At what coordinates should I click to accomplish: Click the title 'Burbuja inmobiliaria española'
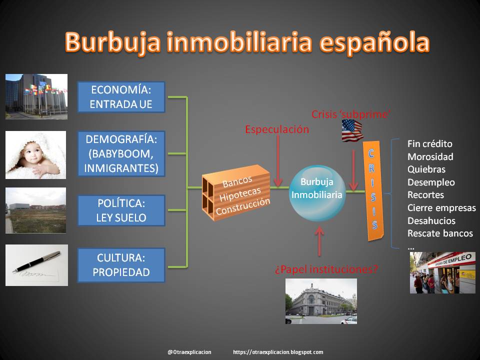(x=246, y=42)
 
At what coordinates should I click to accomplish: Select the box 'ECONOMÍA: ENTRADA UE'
(x=120, y=97)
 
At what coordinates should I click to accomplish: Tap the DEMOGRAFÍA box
(x=120, y=154)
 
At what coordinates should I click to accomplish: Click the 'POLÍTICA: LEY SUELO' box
(x=120, y=210)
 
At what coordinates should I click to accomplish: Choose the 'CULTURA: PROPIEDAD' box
(x=120, y=265)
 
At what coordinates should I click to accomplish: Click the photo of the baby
(x=35, y=155)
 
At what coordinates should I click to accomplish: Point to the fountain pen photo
(x=36, y=265)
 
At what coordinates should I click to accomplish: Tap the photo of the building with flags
(x=36, y=96)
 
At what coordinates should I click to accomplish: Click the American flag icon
(x=352, y=130)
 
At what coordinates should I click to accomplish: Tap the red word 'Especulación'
(x=277, y=129)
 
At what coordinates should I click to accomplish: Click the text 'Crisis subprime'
(x=350, y=114)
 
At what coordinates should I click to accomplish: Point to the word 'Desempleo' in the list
(x=431, y=182)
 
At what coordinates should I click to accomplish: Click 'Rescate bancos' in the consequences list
(x=440, y=233)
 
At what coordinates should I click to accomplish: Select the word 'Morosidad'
(x=430, y=156)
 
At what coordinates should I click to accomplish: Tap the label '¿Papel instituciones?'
(x=326, y=269)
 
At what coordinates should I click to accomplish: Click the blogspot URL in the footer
(x=278, y=352)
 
